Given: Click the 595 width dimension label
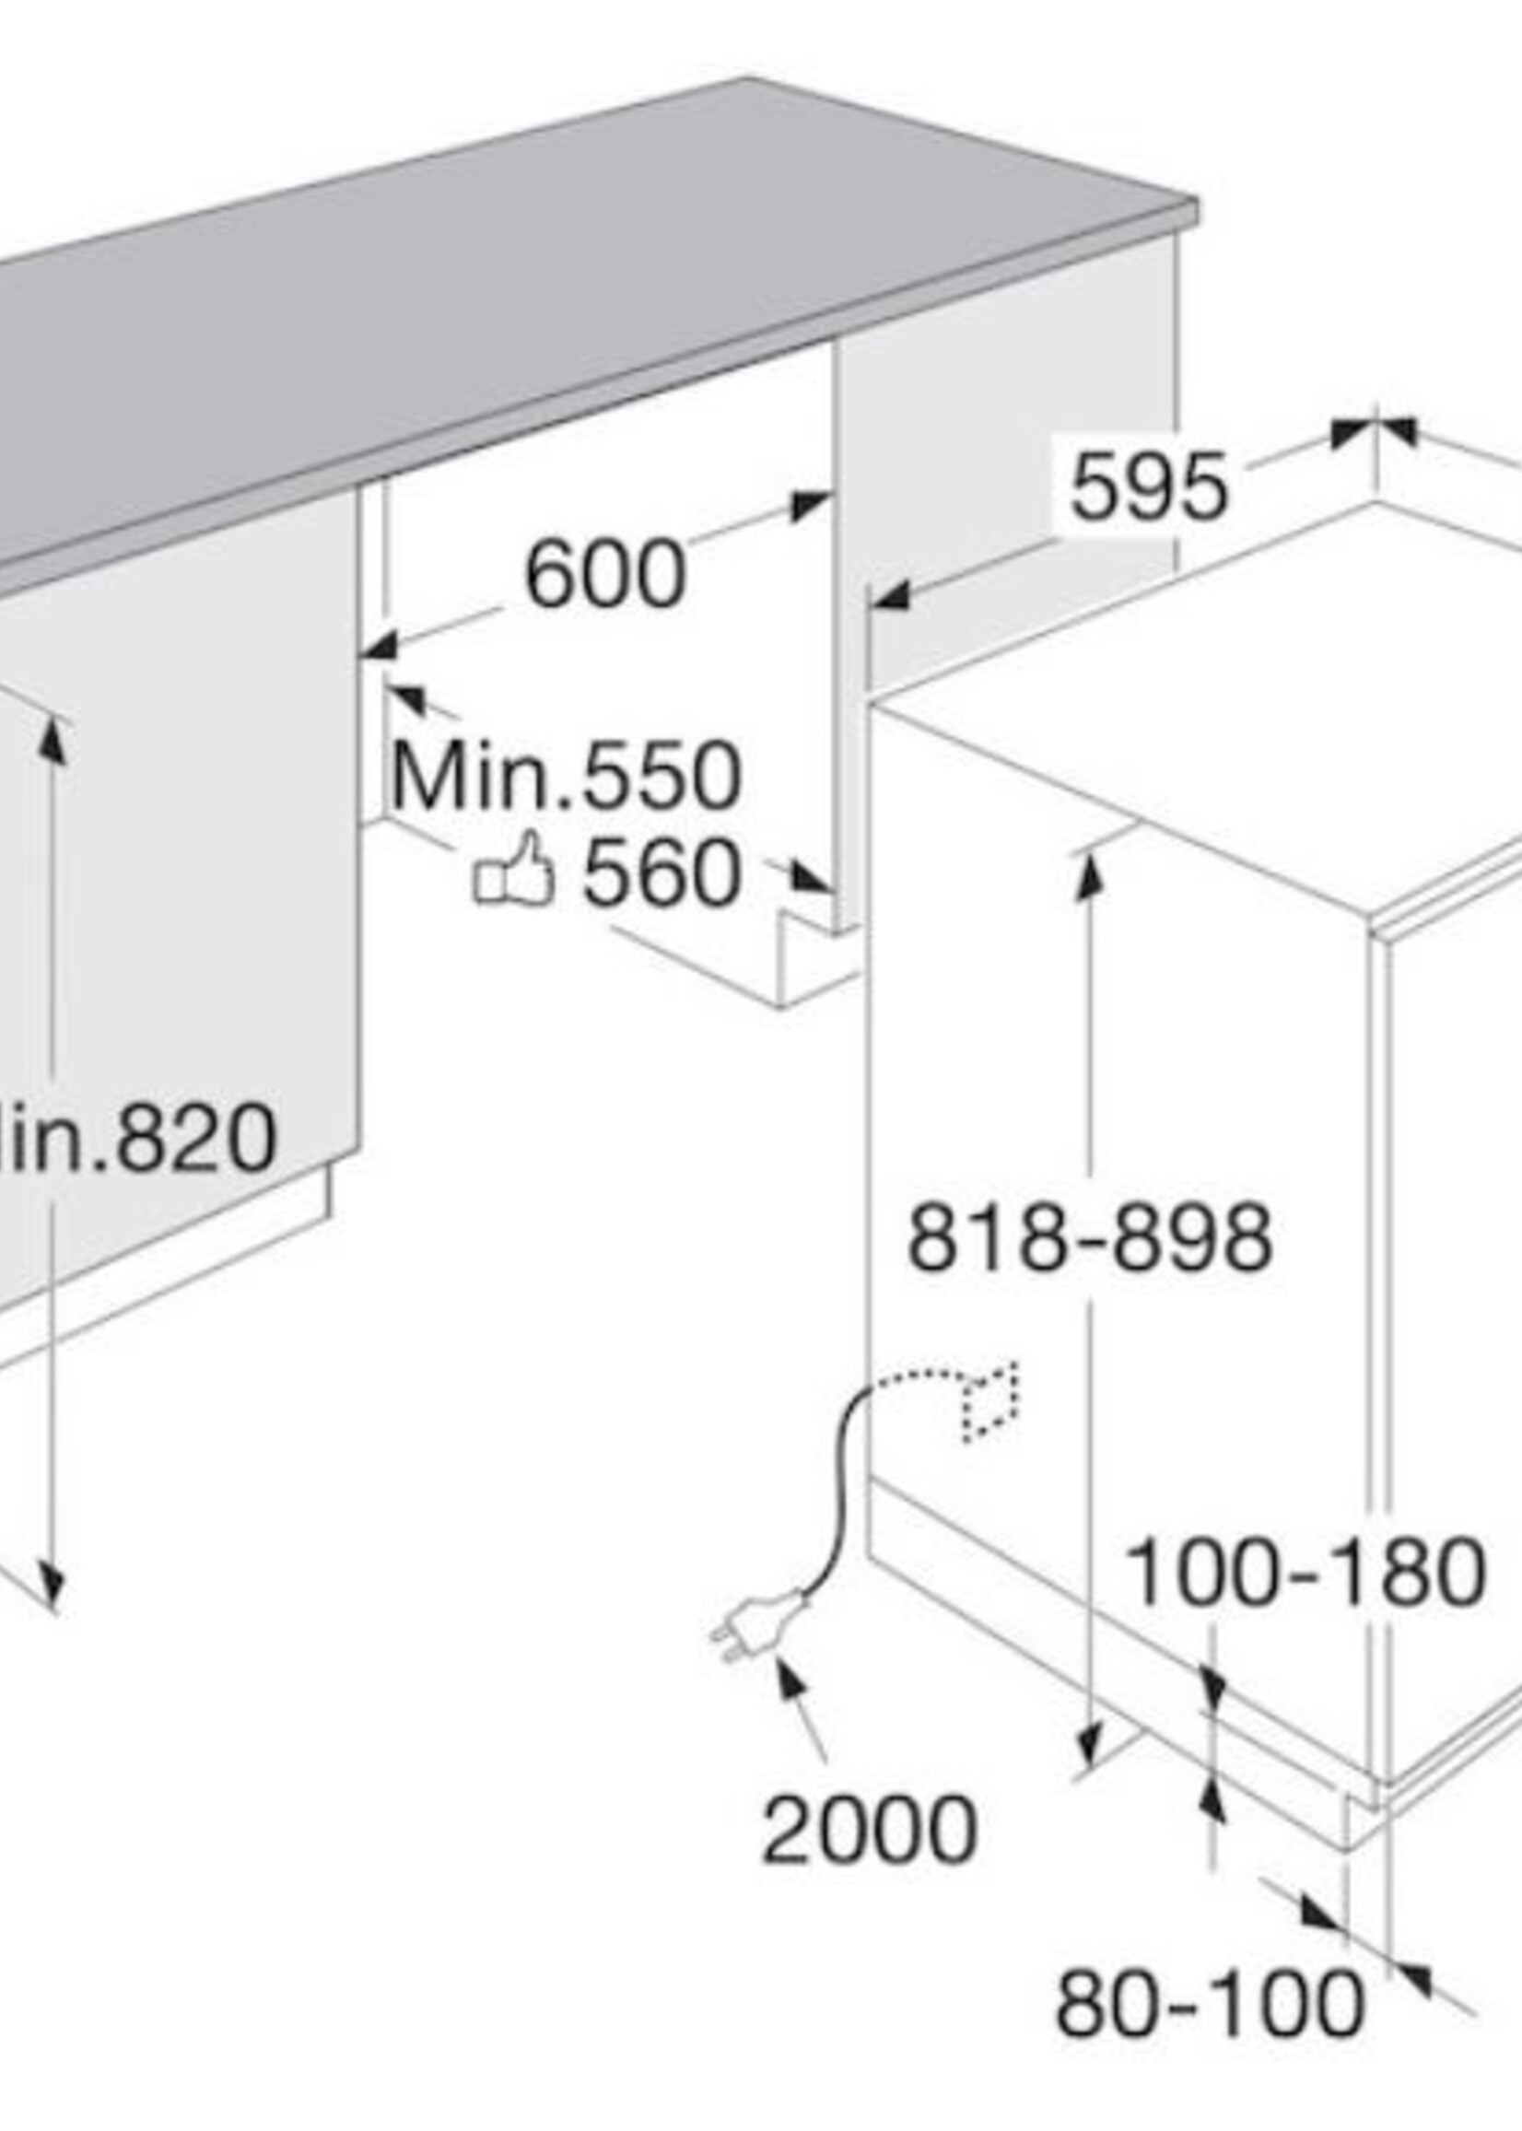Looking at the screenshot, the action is click(x=1147, y=486).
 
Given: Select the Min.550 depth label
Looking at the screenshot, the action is click(x=566, y=776).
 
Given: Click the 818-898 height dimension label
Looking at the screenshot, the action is click(x=1090, y=1239).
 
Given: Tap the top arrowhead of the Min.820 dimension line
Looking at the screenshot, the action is click(x=53, y=741).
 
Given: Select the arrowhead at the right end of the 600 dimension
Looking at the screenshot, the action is click(x=809, y=506).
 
